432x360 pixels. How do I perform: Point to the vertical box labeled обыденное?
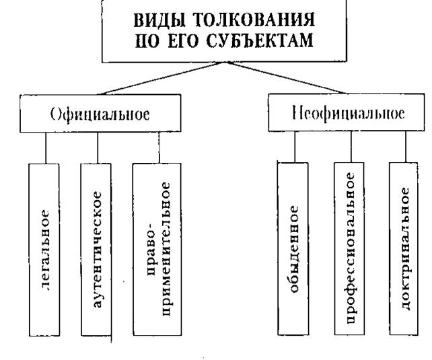tap(295, 249)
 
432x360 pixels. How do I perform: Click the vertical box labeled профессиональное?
tap(349, 249)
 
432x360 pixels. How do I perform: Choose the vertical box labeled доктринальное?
tap(404, 249)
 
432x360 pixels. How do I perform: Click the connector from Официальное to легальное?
tap(46, 147)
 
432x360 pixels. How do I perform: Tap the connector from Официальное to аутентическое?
tap(98, 147)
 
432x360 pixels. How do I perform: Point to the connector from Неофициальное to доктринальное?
tap(404, 147)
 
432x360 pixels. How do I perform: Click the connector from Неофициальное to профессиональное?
tap(349, 147)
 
